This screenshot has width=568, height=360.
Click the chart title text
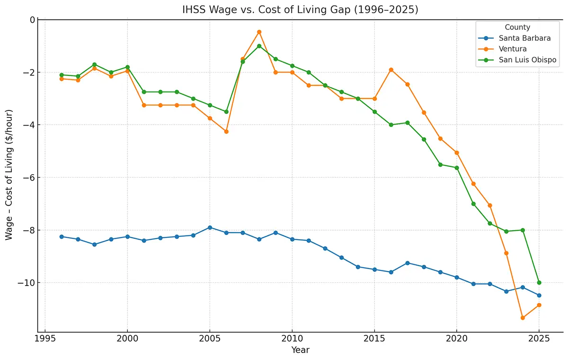pyautogui.click(x=300, y=10)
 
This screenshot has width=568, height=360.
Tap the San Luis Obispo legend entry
pyautogui.click(x=530, y=60)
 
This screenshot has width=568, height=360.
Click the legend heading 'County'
pyautogui.click(x=517, y=27)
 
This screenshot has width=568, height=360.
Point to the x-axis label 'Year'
pyautogui.click(x=300, y=350)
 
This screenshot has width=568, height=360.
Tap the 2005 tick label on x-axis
pyautogui.click(x=210, y=339)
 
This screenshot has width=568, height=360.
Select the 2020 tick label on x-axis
pyautogui.click(x=457, y=339)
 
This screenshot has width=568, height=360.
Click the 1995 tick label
pyautogui.click(x=45, y=339)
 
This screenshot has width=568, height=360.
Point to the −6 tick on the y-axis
pyautogui.click(x=29, y=178)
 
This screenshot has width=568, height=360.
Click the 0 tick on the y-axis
pyautogui.click(x=32, y=20)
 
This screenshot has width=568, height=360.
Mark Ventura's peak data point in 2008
pyautogui.click(x=259, y=32)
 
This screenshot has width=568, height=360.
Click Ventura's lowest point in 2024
pyautogui.click(x=523, y=318)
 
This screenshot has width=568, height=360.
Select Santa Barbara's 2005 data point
pyautogui.click(x=210, y=227)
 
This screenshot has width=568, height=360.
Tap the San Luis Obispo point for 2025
pyautogui.click(x=539, y=282)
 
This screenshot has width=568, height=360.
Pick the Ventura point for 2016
pyautogui.click(x=391, y=70)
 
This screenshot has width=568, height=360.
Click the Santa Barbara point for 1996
pyautogui.click(x=62, y=236)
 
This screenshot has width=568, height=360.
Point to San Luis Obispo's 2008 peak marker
pyautogui.click(x=259, y=46)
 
